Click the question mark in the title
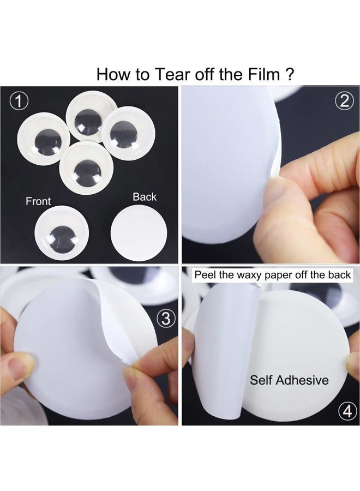coord(290,75)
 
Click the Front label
coord(38,201)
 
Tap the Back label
coord(145,197)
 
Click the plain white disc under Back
coord(139,232)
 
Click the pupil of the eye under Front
coord(64,239)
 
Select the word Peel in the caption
coord(205,274)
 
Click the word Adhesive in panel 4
coord(302,380)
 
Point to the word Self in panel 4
coord(261,380)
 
